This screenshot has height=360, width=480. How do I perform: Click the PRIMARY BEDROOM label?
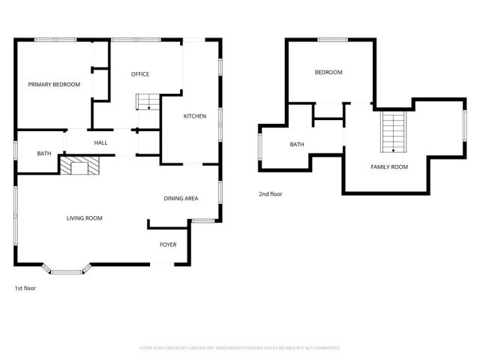54,85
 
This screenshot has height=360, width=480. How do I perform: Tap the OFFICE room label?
140,74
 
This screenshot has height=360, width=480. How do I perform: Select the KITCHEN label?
195,116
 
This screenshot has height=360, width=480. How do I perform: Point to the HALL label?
100,142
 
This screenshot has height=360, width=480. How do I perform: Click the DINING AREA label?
181,198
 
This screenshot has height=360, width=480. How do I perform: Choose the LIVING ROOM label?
84,218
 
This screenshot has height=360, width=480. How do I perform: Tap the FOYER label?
167,245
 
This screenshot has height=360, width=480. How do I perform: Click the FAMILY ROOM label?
389,166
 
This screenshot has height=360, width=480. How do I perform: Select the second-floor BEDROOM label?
328,72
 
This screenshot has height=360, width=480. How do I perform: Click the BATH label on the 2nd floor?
297,144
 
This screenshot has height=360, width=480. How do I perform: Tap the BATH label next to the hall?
44,154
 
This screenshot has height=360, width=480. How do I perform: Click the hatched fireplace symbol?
80,165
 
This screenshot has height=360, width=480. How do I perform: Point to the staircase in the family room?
393,132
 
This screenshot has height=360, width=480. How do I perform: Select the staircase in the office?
148,102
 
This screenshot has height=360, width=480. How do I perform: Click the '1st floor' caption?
25,288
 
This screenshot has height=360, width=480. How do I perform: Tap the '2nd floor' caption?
271,194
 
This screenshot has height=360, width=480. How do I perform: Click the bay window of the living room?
67,269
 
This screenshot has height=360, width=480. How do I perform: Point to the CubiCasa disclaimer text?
240,348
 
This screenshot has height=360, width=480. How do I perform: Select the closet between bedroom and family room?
328,110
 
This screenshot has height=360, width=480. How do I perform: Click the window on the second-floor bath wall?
259,148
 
